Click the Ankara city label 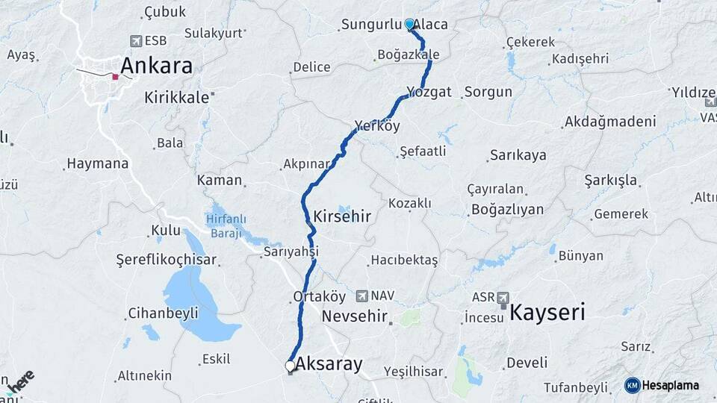[x=156, y=66]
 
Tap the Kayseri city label [x=547, y=312]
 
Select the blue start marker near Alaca [x=409, y=24]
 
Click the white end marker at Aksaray [x=290, y=366]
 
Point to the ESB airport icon [x=135, y=40]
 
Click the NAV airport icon [x=363, y=296]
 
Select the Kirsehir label [x=343, y=216]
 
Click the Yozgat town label [x=429, y=92]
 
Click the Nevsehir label [x=354, y=316]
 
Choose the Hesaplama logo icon [x=632, y=385]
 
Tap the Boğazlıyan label [x=507, y=209]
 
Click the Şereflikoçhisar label [x=166, y=260]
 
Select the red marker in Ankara [x=115, y=76]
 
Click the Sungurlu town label [x=371, y=25]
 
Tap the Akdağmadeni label [x=611, y=121]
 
